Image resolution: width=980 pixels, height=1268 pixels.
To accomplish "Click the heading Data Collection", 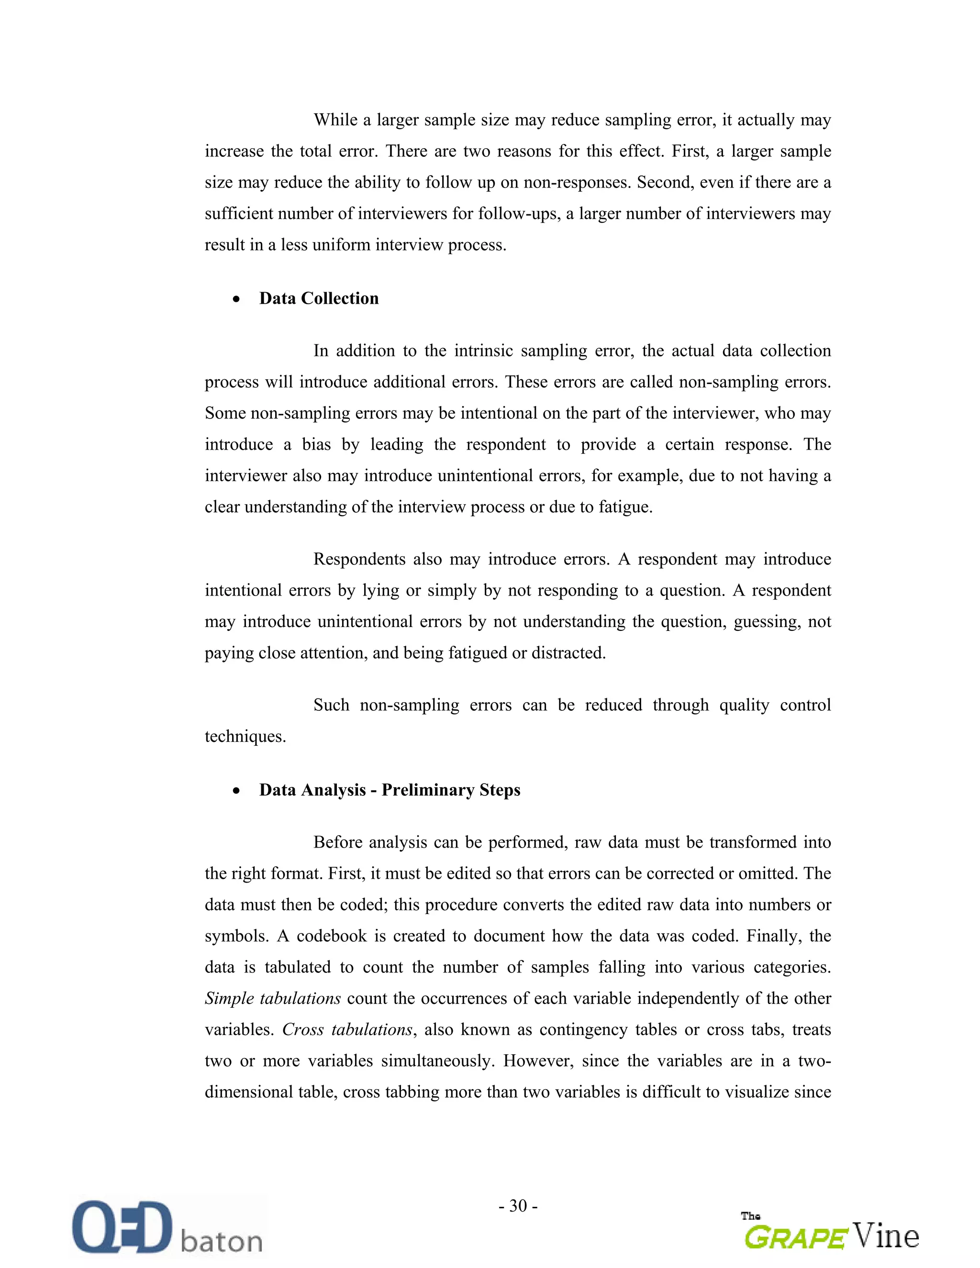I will click(318, 298).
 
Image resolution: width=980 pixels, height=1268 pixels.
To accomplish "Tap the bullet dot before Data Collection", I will click(236, 299).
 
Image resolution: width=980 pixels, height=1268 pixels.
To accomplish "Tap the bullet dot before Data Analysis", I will click(236, 791).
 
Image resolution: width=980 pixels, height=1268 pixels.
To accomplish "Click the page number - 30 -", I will click(518, 1206).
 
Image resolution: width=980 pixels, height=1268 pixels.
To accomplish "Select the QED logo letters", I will click(122, 1226).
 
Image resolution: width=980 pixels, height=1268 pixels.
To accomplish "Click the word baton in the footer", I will click(222, 1241).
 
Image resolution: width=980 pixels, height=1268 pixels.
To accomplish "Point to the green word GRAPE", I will click(795, 1236).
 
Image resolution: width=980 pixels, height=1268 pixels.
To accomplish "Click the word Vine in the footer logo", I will click(886, 1235).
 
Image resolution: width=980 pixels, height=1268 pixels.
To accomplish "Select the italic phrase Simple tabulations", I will click(272, 999).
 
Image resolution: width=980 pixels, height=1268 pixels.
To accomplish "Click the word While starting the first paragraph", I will click(335, 120).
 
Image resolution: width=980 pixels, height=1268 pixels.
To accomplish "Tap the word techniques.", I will click(245, 737).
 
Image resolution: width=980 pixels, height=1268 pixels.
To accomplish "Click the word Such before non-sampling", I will click(331, 706).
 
